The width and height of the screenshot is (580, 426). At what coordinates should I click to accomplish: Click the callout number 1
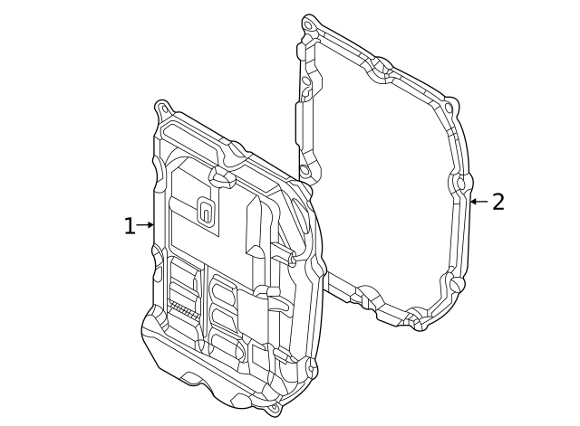[x=129, y=226]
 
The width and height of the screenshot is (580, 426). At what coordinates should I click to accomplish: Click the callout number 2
[x=498, y=202]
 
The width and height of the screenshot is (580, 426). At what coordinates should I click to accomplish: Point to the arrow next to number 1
[x=146, y=225]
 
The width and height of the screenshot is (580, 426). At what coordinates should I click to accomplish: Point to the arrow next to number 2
[x=478, y=201]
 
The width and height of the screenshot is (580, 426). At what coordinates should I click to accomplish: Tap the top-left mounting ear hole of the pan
[x=163, y=109]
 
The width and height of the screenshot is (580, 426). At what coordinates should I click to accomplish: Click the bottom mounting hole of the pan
[x=274, y=408]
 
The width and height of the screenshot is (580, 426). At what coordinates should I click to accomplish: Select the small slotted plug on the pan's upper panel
[x=206, y=213]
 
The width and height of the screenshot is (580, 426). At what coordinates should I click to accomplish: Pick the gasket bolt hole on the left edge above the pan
[x=305, y=170]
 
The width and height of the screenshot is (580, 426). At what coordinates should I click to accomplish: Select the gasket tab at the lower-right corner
[x=456, y=284]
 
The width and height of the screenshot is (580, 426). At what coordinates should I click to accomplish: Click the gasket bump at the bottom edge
[x=415, y=317]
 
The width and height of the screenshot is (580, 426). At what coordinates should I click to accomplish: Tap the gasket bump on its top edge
[x=382, y=65]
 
